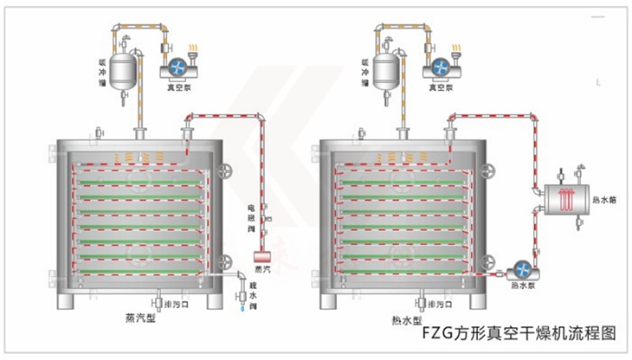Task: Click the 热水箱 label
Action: coord(607,200)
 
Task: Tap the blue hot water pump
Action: coord(521,270)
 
